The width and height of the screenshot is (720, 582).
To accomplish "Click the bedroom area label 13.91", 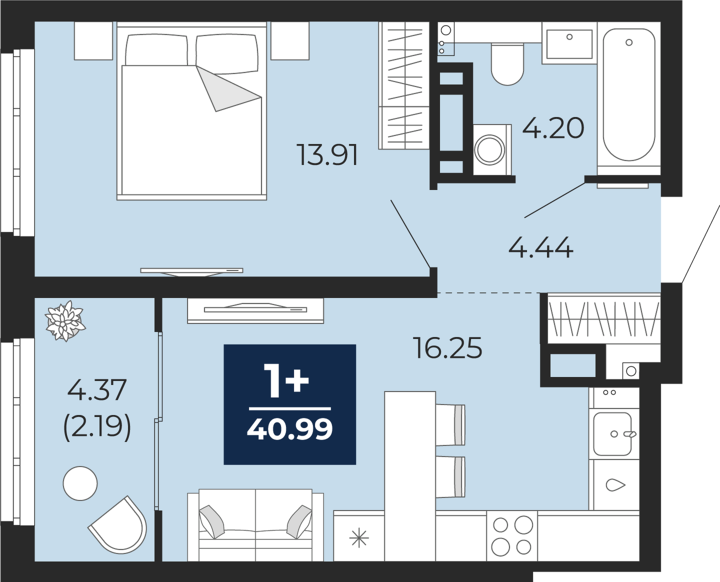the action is pyautogui.click(x=328, y=155).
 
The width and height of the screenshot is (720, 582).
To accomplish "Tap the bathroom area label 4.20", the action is pyautogui.click(x=553, y=128).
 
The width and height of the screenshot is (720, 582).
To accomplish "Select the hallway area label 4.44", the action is pyautogui.click(x=541, y=247).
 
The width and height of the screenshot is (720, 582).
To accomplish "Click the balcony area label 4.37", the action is pyautogui.click(x=97, y=390).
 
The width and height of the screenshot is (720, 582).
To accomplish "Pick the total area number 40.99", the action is pyautogui.click(x=290, y=430).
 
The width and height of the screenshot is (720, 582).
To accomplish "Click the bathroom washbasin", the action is pyautogui.click(x=569, y=43).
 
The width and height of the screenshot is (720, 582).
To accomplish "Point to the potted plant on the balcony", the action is pyautogui.click(x=64, y=320).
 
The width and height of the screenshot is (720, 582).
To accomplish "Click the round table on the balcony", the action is pyautogui.click(x=80, y=483).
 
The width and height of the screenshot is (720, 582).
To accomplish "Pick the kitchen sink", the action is pyautogui.click(x=612, y=434).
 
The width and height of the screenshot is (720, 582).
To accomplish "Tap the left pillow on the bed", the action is pyautogui.click(x=156, y=49).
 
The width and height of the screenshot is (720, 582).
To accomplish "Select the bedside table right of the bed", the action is pyautogui.click(x=290, y=41).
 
